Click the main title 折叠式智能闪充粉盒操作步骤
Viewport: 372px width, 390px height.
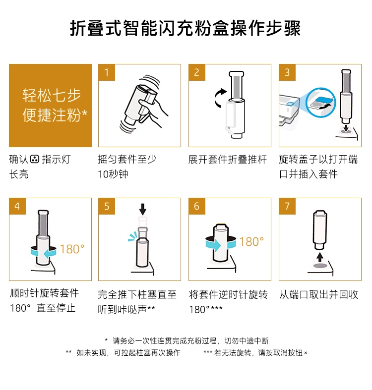[185, 28]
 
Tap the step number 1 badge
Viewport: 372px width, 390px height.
[107, 72]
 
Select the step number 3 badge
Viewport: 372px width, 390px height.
[287, 72]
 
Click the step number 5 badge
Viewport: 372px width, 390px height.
[107, 206]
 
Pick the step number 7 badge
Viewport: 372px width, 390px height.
[287, 206]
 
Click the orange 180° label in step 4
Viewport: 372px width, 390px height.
[72, 249]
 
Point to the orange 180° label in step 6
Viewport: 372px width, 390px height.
[251, 241]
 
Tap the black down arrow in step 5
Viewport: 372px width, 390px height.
[143, 209]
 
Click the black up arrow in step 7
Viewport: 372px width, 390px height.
[320, 257]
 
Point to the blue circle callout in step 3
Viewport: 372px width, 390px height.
[321, 103]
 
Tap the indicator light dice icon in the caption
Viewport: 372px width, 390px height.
[35, 159]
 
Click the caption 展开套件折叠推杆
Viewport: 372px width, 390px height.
[227, 160]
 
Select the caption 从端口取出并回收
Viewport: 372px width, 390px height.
[318, 294]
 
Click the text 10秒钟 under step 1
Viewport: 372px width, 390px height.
[113, 174]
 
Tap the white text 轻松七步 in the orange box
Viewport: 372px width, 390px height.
[52, 96]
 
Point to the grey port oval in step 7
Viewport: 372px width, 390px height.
[320, 266]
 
